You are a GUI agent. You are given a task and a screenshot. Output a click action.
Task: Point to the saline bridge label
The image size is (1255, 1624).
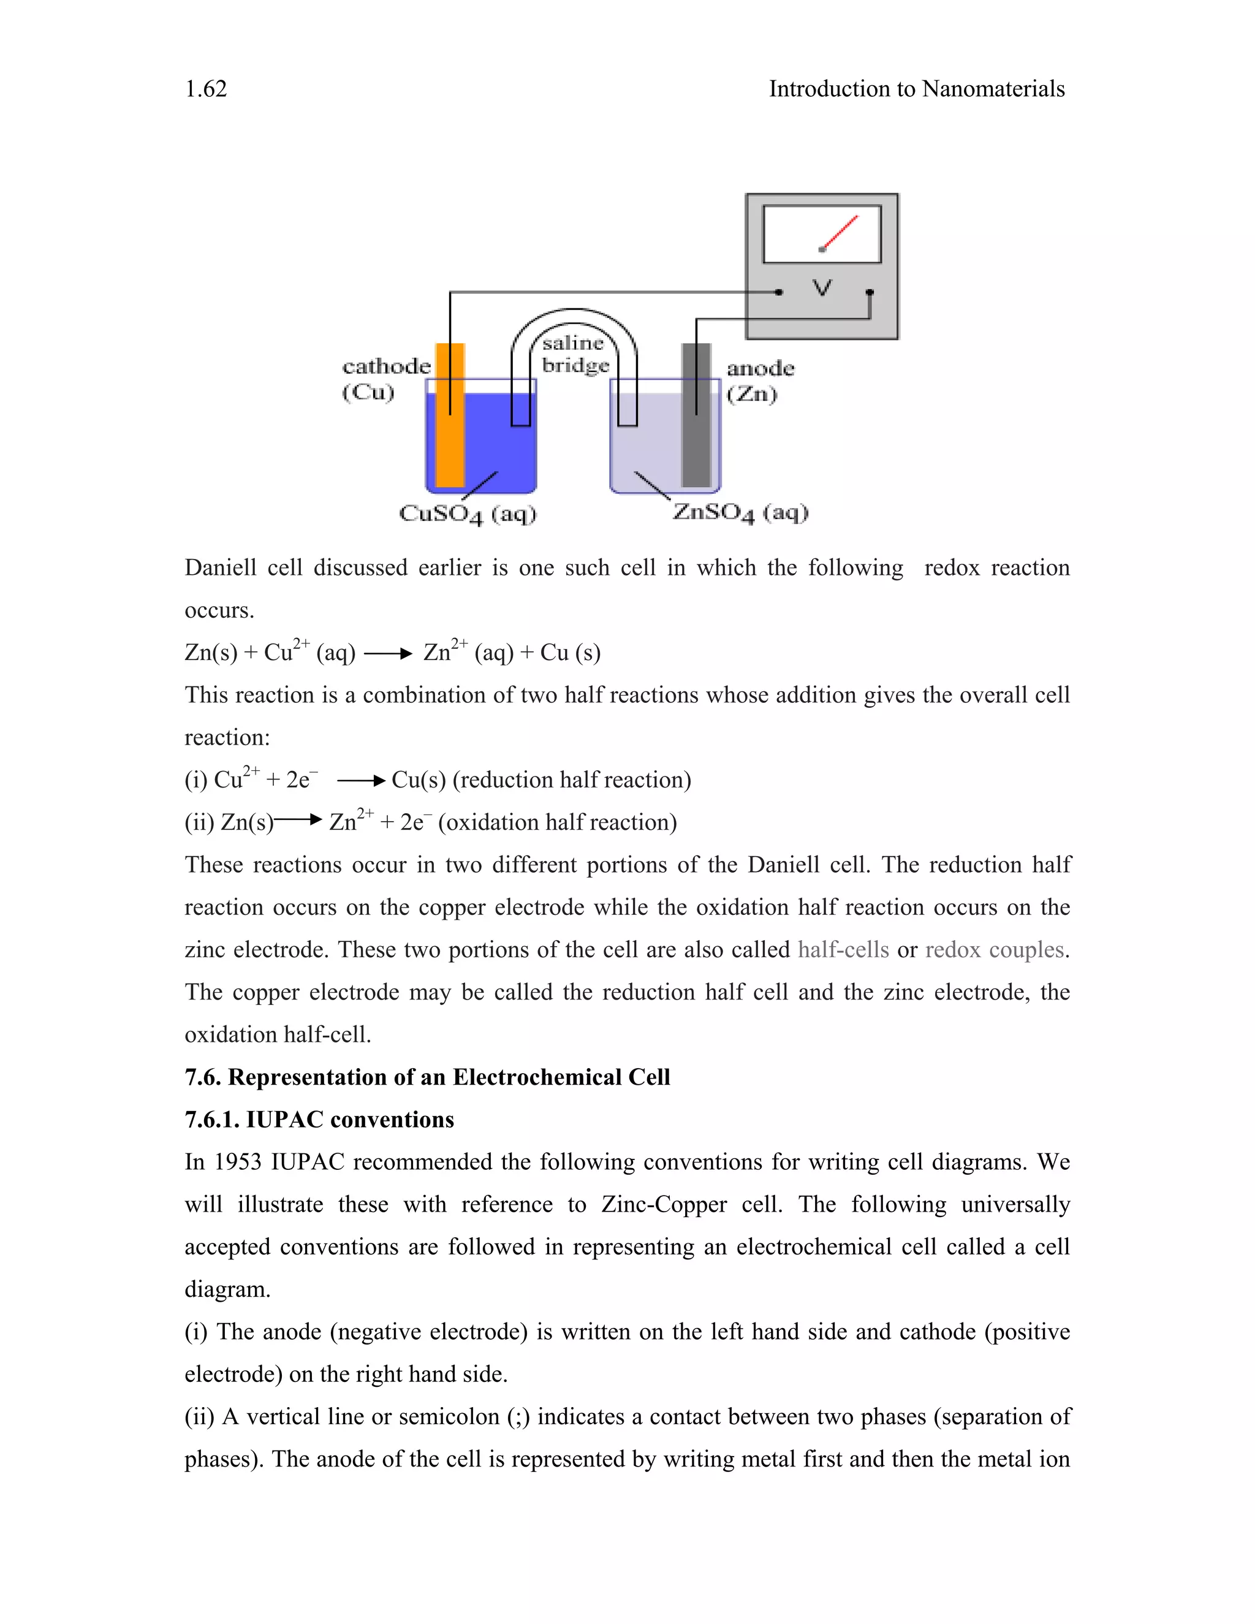point(575,354)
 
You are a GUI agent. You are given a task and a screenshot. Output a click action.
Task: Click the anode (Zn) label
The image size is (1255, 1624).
point(759,380)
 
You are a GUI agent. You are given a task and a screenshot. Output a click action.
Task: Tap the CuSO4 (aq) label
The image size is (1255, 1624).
point(467,514)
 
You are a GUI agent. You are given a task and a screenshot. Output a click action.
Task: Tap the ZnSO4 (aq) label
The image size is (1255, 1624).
point(740,512)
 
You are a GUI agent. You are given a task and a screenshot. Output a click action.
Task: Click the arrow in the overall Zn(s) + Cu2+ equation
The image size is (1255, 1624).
point(388,655)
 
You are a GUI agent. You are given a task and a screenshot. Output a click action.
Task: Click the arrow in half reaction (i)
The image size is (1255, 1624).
point(362,781)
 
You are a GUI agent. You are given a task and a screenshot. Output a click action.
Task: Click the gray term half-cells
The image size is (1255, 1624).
point(843,949)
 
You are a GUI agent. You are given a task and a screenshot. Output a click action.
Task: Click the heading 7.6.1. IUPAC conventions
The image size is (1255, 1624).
point(319,1120)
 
